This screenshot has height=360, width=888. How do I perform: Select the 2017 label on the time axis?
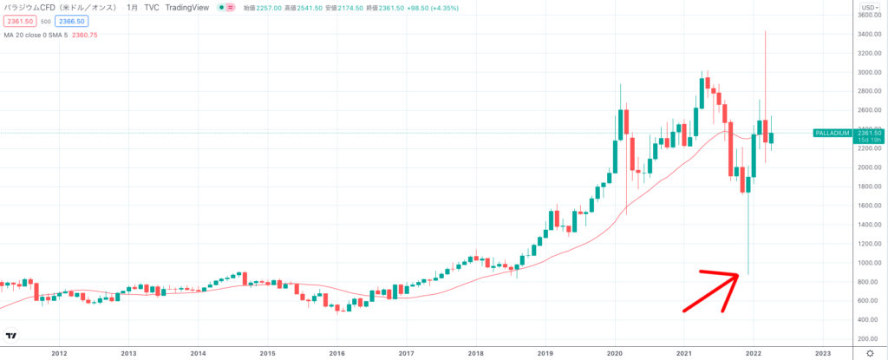406,353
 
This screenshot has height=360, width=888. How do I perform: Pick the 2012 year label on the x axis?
60,353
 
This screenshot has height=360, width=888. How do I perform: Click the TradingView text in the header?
177,7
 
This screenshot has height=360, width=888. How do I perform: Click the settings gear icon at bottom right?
870,353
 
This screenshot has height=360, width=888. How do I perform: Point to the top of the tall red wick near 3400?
765,31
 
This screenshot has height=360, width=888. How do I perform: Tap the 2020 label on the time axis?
615,353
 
